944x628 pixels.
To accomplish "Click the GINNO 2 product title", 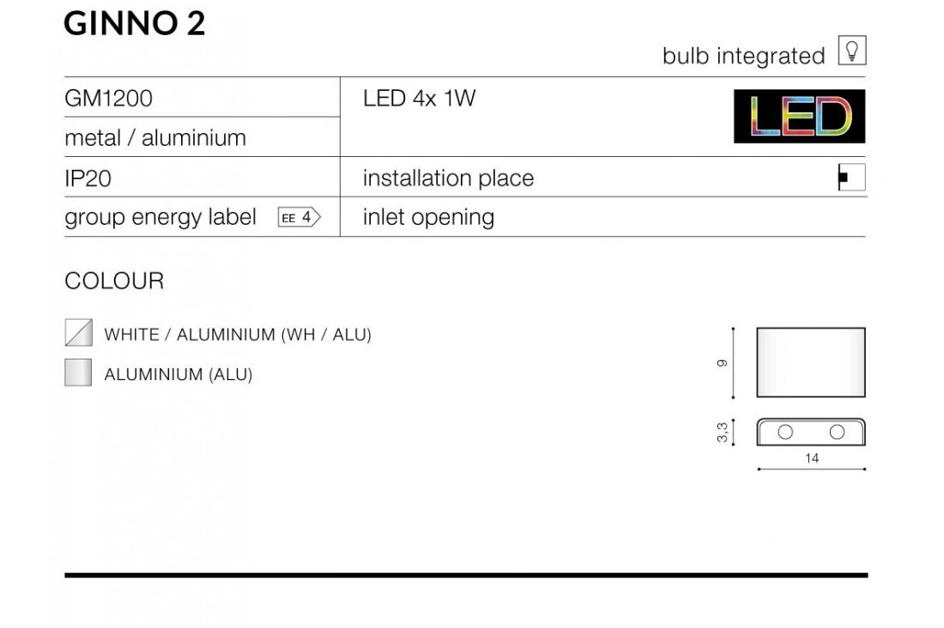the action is coord(134,24).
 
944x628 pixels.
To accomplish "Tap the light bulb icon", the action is coord(852,50).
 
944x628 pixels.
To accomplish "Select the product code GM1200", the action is coord(108,98).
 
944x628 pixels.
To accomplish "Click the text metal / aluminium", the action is coord(155,138).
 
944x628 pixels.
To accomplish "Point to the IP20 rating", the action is coord(88,178).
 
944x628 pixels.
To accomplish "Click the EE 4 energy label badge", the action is coord(300,217).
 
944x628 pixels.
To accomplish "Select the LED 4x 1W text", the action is coord(419,98).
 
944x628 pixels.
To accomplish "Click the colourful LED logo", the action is coord(800,116).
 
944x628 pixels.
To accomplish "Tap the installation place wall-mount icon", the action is coord(852,177).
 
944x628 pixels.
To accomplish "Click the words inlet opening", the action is coord(428,217).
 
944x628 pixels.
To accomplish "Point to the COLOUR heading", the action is coord(114,281).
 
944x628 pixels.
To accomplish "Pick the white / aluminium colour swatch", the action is coord(79,332).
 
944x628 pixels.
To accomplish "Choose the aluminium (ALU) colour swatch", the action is coord(78,372).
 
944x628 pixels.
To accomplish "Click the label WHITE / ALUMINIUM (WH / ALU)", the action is coord(238,335).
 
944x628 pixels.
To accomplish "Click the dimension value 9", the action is coord(723,363).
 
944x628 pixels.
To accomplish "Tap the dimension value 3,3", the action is coord(723,432).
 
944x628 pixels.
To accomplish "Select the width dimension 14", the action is coord(812,458).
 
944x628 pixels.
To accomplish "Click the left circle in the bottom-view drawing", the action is coord(785,432).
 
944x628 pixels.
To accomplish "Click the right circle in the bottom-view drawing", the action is coord(837,432).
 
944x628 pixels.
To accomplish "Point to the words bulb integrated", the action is coord(743,56).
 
